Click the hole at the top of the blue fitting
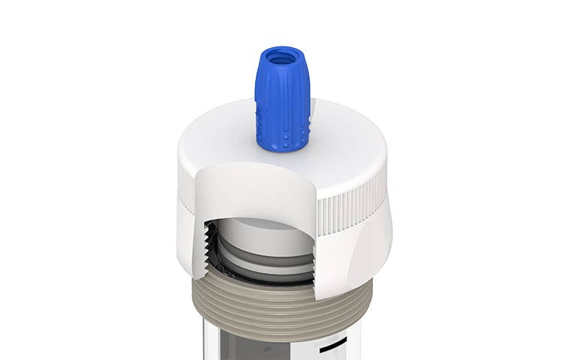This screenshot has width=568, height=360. pos(281,56)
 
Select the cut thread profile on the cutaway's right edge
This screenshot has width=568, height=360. pos(316,247)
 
